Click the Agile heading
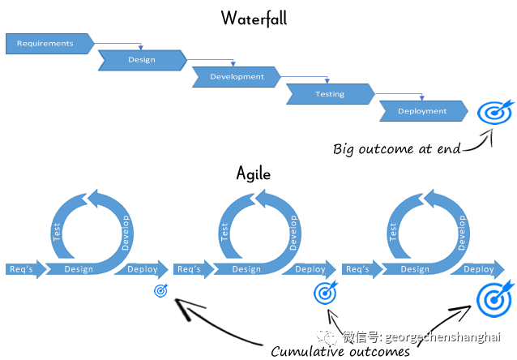(253, 173)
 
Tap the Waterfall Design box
(142, 60)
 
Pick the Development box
(236, 77)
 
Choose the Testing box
(329, 94)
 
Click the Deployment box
(422, 111)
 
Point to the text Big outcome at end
(396, 148)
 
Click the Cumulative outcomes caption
(340, 350)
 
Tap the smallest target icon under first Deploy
(160, 291)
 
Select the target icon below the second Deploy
(326, 292)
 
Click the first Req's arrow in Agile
(22, 269)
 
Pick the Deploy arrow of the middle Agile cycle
(309, 269)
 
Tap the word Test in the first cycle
(58, 233)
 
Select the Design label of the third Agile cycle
(414, 269)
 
